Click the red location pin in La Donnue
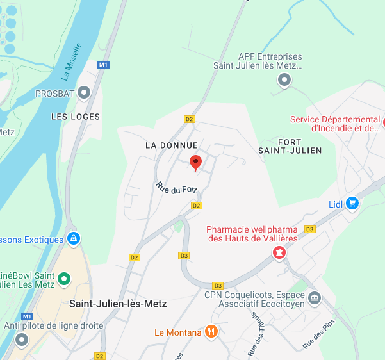(197, 162)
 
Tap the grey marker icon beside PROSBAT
(85, 94)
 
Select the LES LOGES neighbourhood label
(76, 117)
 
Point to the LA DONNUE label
(172, 145)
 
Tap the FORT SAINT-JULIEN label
(290, 145)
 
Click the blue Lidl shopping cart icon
(352, 204)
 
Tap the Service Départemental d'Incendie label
(335, 124)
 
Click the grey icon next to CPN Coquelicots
(314, 297)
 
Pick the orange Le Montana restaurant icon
(212, 332)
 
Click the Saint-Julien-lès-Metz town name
(118, 304)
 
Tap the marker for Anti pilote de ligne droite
(22, 340)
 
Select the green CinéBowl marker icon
(64, 279)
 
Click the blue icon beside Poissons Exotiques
(74, 239)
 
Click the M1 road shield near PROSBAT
(104, 65)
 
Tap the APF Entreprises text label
(270, 61)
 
